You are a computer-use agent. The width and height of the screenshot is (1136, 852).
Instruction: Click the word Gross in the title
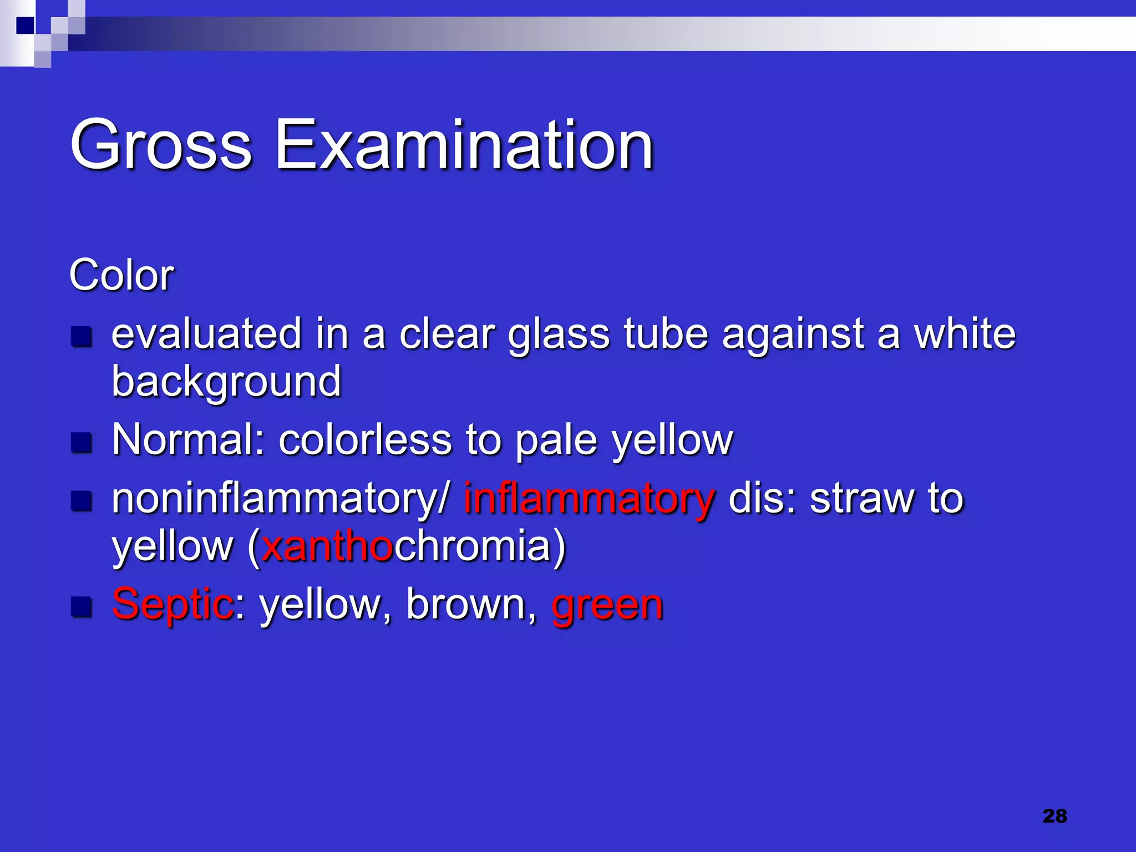point(161,145)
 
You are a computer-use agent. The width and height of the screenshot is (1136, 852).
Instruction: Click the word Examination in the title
point(465,145)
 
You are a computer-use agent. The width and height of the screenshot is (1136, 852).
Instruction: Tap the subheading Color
point(121,275)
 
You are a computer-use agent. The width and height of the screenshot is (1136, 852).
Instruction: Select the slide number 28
point(1054,816)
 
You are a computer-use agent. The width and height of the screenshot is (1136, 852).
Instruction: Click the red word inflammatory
point(590,498)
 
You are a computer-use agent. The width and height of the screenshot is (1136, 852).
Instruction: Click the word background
point(226,383)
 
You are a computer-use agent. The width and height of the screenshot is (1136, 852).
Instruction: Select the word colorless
point(366,439)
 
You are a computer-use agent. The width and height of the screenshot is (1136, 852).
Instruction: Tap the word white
point(965,334)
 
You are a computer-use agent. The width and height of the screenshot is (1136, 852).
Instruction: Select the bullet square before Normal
point(82,443)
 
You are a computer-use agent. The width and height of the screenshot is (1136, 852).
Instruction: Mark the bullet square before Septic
point(82,607)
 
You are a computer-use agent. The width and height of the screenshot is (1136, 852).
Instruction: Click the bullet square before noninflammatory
point(82,501)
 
